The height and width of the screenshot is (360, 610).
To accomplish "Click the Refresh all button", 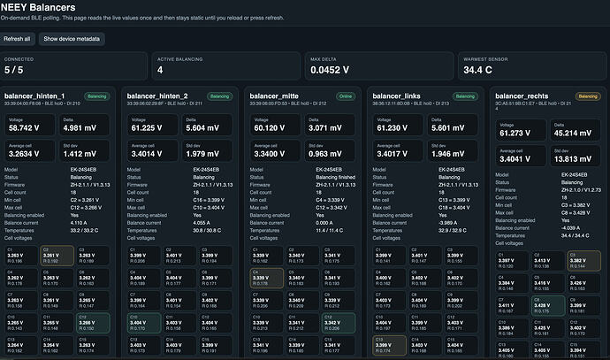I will click(18, 39).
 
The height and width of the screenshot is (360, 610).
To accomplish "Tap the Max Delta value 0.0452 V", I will click(328, 70).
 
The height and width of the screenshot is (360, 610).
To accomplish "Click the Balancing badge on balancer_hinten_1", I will click(95, 96).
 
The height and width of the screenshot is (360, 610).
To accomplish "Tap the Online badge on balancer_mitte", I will click(340, 96).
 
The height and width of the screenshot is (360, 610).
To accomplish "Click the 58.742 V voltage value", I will click(22, 127).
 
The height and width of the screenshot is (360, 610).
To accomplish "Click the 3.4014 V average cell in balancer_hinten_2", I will click(145, 152).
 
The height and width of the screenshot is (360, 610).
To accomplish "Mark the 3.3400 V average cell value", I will click(268, 152).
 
